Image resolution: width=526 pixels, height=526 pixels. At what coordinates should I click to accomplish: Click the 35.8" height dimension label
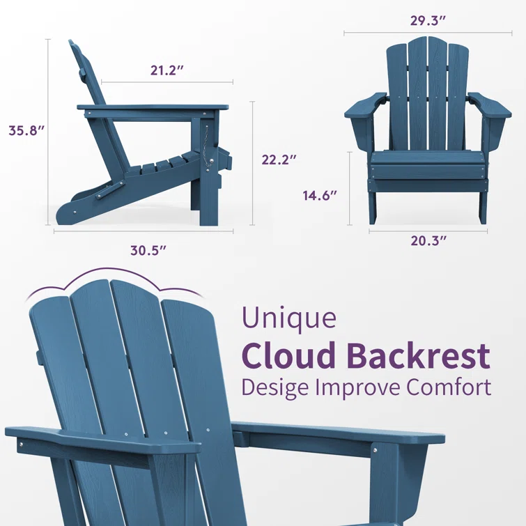[x=26, y=130]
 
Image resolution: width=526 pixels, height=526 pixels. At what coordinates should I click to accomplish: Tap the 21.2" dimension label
[x=167, y=70]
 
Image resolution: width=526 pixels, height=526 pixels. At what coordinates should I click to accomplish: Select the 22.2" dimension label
[x=279, y=160]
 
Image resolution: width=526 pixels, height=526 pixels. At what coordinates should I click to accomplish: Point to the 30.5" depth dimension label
[x=148, y=251]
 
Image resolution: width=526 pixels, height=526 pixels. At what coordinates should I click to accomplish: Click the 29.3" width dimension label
[x=428, y=20]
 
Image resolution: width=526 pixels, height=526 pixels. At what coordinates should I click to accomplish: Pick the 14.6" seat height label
[x=320, y=195]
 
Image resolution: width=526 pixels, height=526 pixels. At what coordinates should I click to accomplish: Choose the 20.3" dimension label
[x=428, y=241]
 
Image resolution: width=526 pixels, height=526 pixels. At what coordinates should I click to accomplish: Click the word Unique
[x=289, y=318]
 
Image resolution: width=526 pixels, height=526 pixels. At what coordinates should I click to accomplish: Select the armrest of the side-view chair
[x=153, y=108]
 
